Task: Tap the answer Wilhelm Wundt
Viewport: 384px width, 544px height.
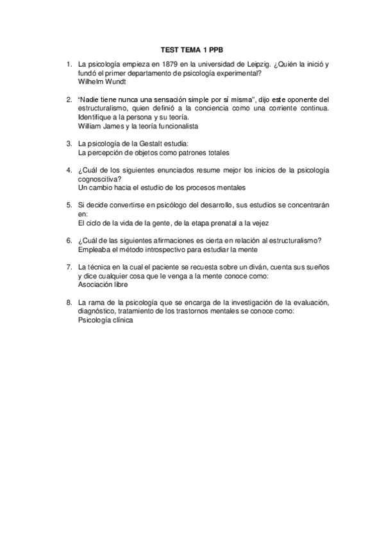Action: [101, 82]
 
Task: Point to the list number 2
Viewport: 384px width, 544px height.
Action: [69, 99]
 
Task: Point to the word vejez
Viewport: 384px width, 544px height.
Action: [258, 223]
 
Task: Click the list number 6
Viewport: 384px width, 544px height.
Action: [69, 240]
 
